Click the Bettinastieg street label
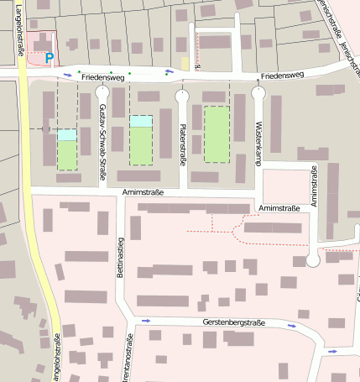point(120,263)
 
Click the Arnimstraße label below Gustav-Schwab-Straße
point(142,193)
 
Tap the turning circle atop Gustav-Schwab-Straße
point(102,92)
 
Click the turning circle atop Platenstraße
point(182,96)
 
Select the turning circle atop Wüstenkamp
point(258,93)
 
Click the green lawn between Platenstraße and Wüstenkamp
point(217,133)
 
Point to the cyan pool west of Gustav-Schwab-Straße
point(67,134)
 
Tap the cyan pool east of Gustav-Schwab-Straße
point(141,121)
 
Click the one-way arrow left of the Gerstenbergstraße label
point(147,321)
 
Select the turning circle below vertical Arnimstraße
point(314,260)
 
